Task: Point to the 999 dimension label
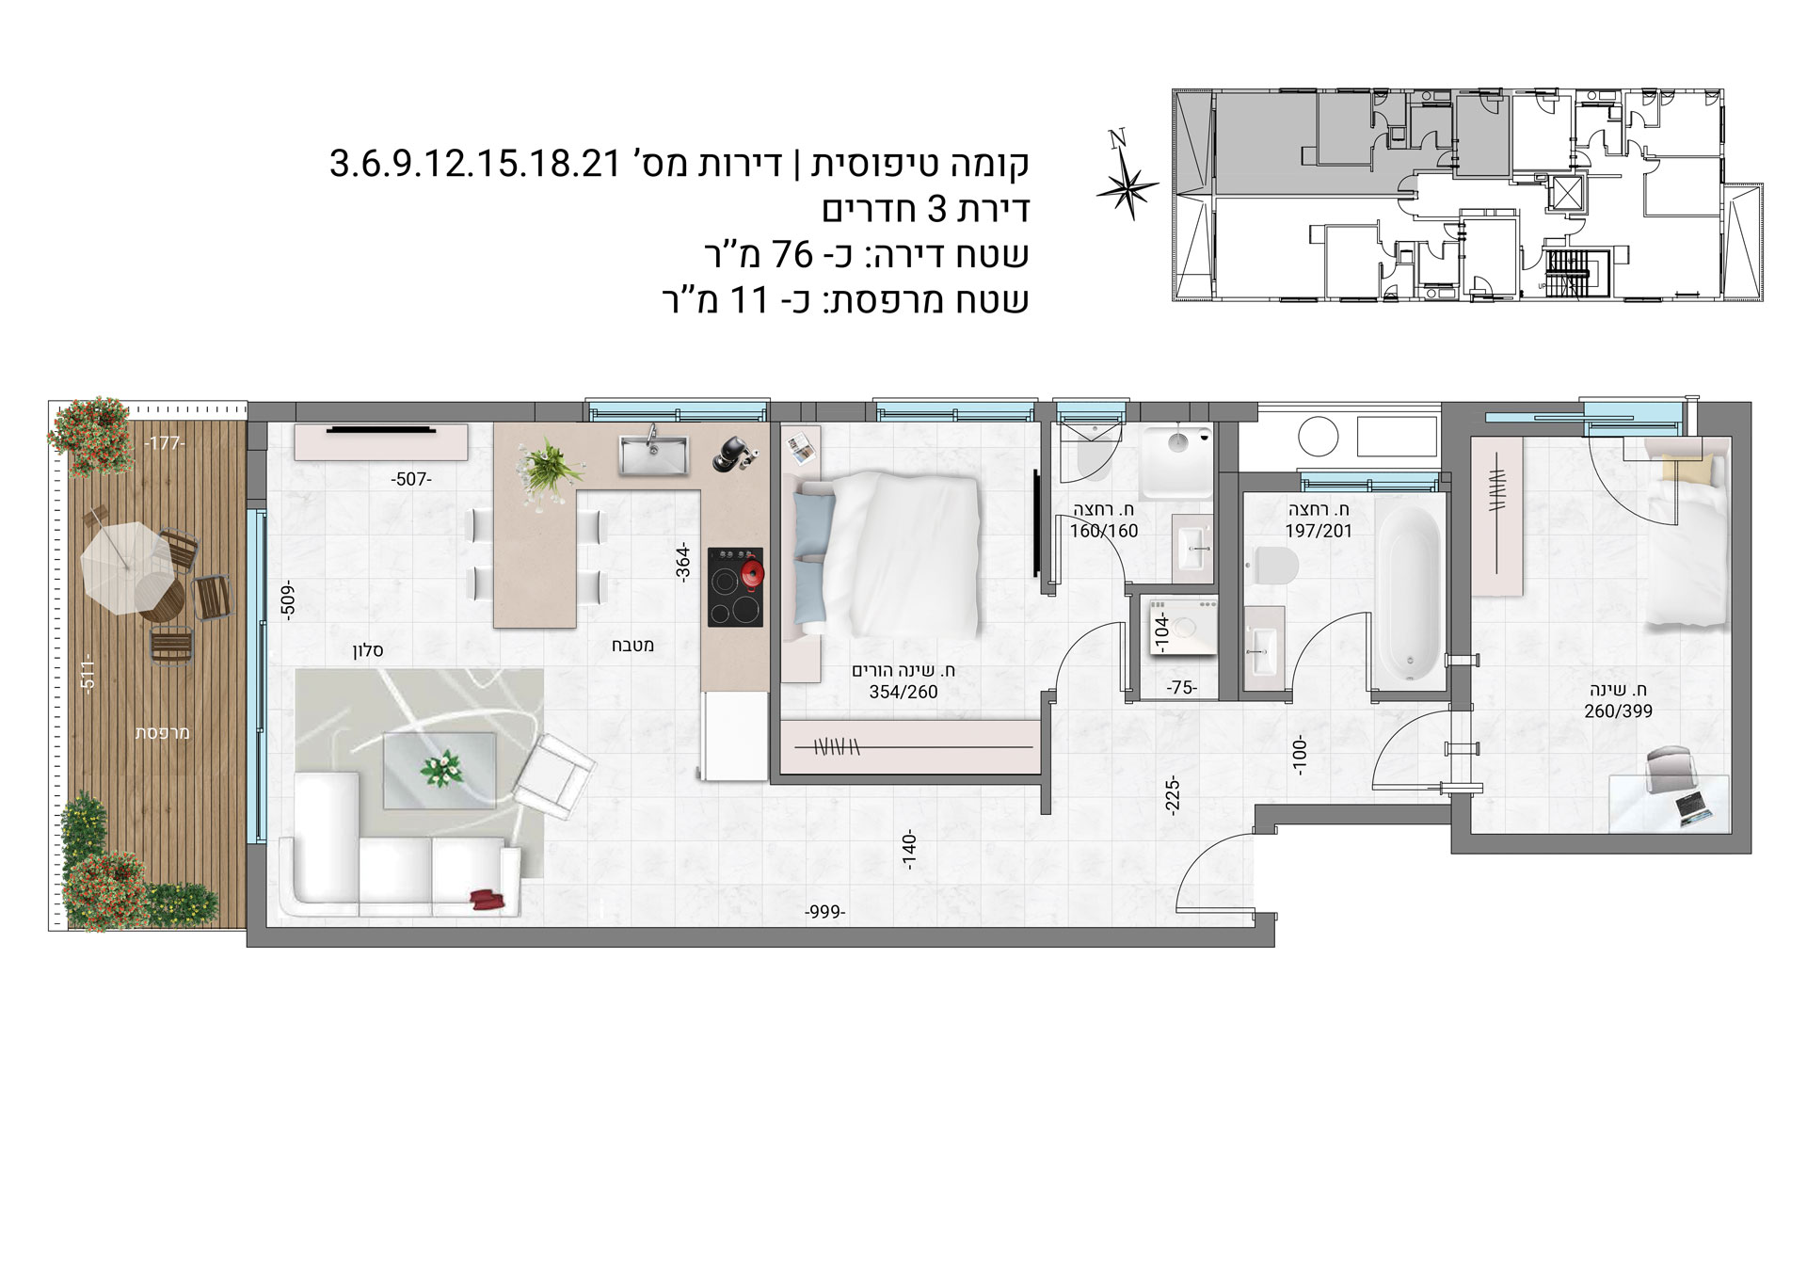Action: [825, 912]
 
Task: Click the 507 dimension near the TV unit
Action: [410, 480]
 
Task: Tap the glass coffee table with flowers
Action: [439, 771]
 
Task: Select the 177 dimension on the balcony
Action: [166, 444]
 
